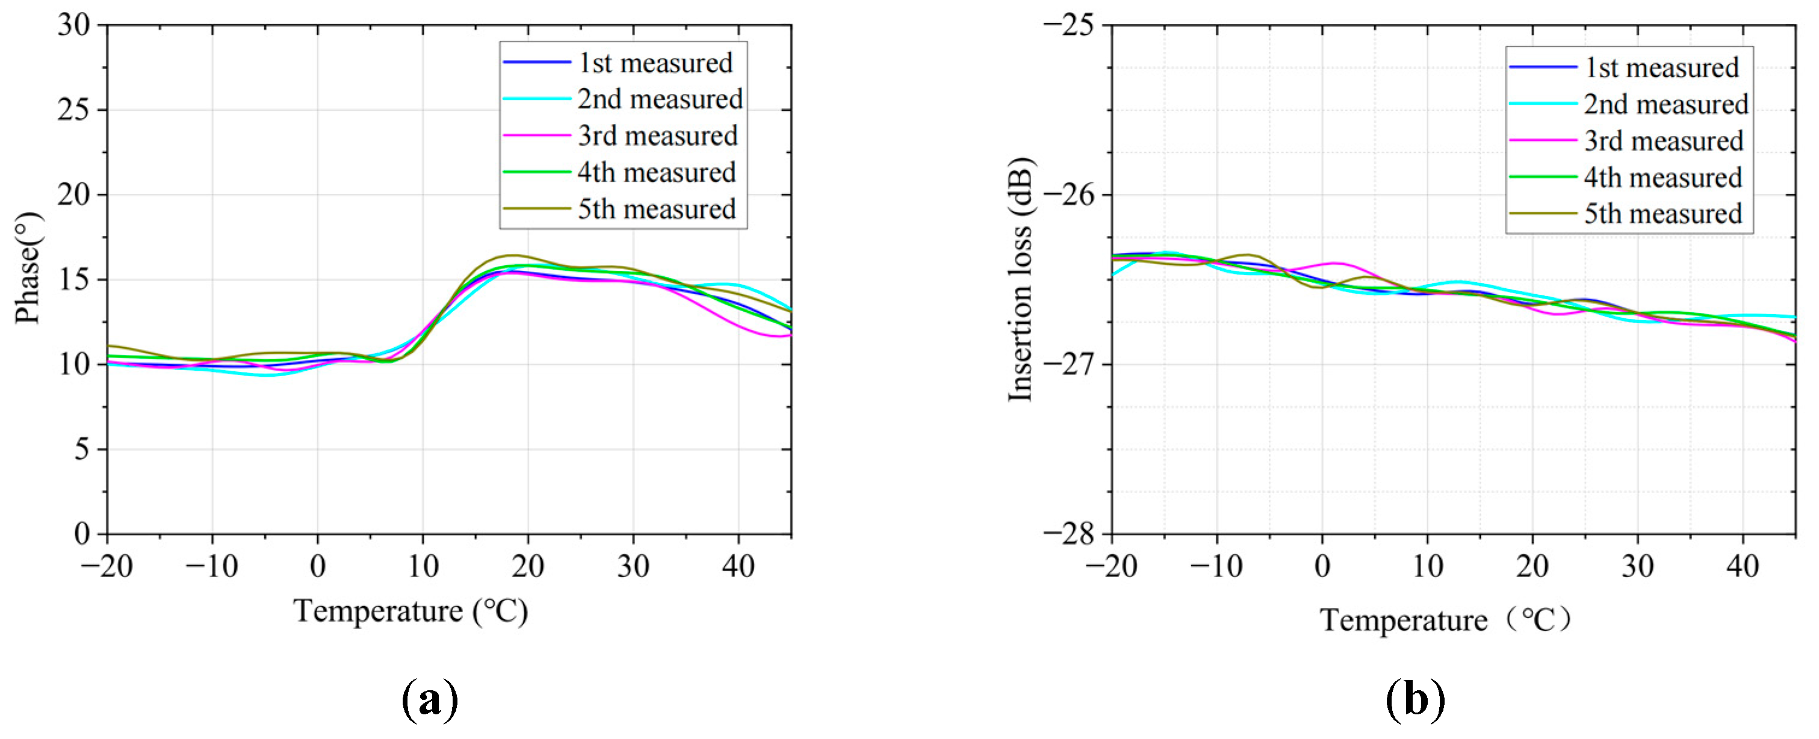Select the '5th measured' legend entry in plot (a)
[656, 209]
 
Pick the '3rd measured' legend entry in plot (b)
[1663, 141]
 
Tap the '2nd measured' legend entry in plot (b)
[1665, 105]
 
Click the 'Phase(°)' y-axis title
[28, 268]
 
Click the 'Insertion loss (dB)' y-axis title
[1020, 279]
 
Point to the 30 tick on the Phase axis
[74, 25]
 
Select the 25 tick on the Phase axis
[74, 110]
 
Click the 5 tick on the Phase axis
[82, 449]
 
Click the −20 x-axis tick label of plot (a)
[107, 566]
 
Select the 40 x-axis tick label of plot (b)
[1742, 566]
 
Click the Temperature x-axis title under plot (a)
[411, 611]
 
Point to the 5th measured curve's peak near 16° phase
[513, 256]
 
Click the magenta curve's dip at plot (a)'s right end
[776, 336]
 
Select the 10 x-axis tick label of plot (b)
[1427, 566]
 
